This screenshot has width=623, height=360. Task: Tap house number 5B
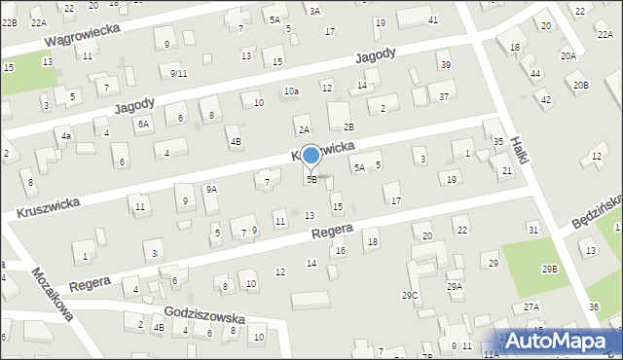(311, 180)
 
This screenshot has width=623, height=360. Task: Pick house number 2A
(304, 130)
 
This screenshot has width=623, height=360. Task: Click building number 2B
(348, 127)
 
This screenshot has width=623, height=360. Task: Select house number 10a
(291, 91)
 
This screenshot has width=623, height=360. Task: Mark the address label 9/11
(178, 74)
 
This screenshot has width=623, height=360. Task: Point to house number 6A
(143, 124)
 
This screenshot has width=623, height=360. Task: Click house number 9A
(210, 190)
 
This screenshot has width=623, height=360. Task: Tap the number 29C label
(410, 295)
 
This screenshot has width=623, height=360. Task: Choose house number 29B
(551, 269)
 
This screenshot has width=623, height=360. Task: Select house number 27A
(531, 306)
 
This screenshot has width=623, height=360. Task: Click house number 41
(433, 20)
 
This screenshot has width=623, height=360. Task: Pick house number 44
(535, 74)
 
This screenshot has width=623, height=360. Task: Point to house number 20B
(581, 86)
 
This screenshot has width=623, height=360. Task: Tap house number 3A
(314, 11)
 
